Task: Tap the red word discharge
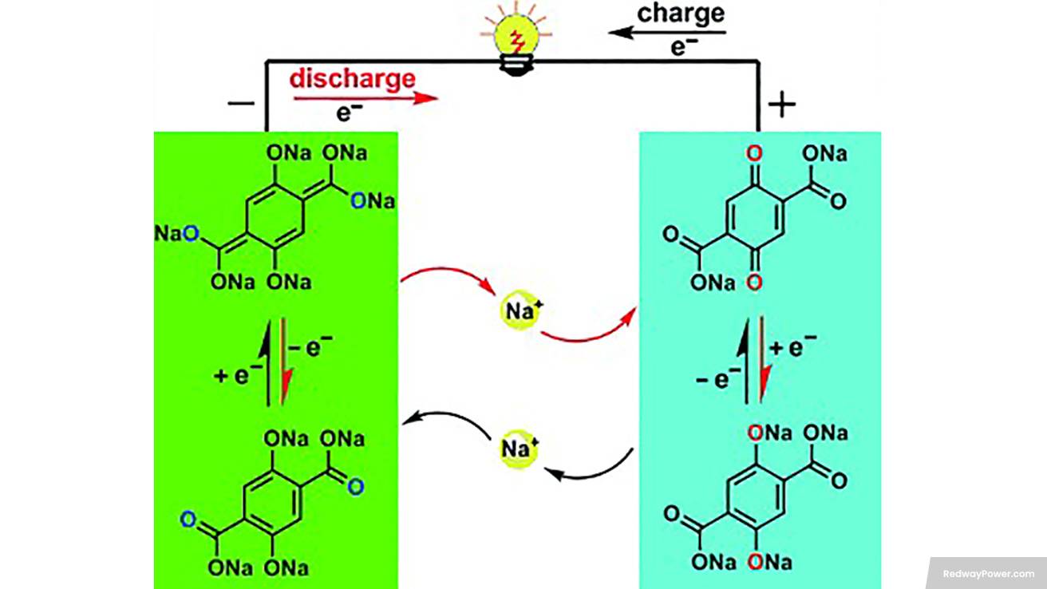(x=352, y=79)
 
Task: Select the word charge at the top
(x=681, y=14)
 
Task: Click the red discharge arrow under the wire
(x=365, y=98)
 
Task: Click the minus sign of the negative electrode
(x=241, y=104)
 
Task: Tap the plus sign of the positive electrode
(x=782, y=104)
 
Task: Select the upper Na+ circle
(x=520, y=310)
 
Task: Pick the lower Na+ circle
(x=520, y=449)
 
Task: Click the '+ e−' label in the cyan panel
(x=792, y=347)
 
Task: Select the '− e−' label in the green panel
(x=310, y=347)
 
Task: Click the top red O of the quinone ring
(x=754, y=153)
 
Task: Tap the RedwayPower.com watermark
(x=988, y=573)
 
